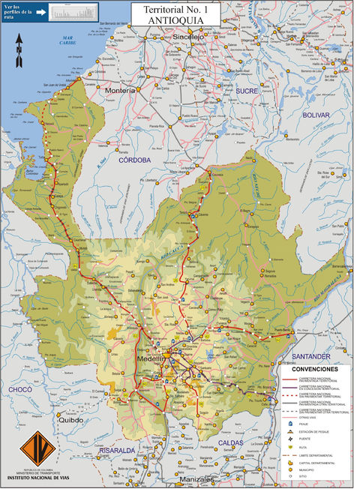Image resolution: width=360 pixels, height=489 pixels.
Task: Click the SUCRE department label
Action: pyautogui.click(x=246, y=90)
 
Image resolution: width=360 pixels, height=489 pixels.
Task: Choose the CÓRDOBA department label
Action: pyautogui.click(x=134, y=160)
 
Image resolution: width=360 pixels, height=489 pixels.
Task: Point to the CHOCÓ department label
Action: pyautogui.click(x=20, y=389)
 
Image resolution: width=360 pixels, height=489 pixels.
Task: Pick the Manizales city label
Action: pyautogui.click(x=197, y=478)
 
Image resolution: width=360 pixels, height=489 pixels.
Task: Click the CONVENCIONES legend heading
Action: pyautogui.click(x=316, y=370)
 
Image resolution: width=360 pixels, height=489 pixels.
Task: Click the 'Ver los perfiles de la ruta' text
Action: pyautogui.click(x=20, y=11)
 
